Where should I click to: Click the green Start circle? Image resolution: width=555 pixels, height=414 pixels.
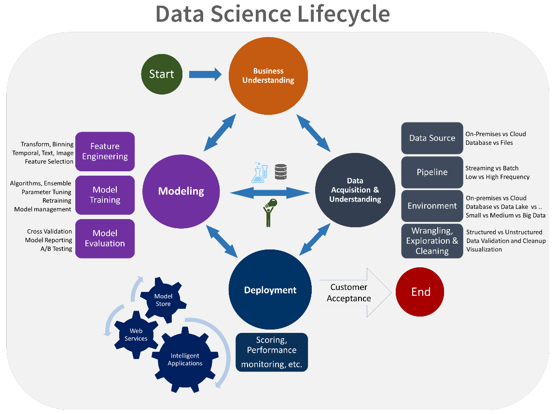161,74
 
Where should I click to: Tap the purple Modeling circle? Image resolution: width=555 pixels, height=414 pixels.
181,191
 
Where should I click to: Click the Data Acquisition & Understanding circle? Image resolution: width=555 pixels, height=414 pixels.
355,190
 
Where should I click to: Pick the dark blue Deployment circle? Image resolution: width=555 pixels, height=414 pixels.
270,290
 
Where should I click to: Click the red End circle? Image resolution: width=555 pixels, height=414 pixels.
420,291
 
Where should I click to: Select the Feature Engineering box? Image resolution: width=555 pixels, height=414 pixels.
105,152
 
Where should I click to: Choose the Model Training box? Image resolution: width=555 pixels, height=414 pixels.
105,195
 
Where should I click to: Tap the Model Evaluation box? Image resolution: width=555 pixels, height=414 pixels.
105,238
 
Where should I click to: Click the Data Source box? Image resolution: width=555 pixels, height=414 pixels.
432,138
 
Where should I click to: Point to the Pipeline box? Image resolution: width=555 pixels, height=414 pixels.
432,172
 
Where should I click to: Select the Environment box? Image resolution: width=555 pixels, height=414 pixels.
432,206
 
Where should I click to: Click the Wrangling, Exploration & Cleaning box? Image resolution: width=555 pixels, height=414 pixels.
432,241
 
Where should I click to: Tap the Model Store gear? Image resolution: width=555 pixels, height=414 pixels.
163,300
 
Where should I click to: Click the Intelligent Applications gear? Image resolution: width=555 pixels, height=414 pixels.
185,359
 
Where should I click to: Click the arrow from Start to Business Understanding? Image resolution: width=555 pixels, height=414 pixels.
205,74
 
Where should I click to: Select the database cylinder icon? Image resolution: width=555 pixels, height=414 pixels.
281,172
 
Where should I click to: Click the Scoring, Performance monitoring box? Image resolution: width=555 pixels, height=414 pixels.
272,352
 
